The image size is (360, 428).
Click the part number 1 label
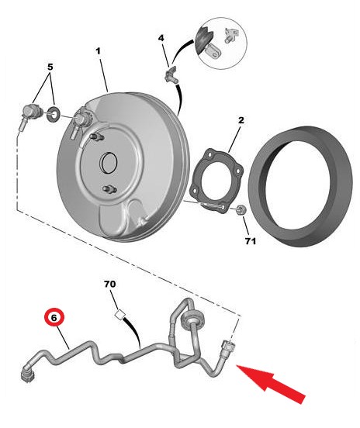pyautogui.click(x=98, y=51)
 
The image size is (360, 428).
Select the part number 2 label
pyautogui.click(x=241, y=120)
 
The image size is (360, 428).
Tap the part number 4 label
pyautogui.click(x=161, y=38)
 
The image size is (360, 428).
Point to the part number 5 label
pyautogui.click(x=50, y=67)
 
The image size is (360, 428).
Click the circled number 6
pyautogui.click(x=54, y=318)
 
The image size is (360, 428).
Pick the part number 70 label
pyautogui.click(x=110, y=284)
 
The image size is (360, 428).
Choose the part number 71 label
pyautogui.click(x=251, y=241)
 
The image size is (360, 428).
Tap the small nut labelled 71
pyautogui.click(x=241, y=209)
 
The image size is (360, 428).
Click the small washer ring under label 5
pyautogui.click(x=54, y=114)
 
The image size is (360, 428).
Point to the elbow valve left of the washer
pyautogui.click(x=30, y=115)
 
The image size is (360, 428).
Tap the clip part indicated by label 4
pyautogui.click(x=171, y=74)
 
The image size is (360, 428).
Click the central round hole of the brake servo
pyautogui.click(x=109, y=163)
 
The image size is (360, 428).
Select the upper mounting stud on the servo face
pyautogui.click(x=97, y=136)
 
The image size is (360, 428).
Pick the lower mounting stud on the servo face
pyautogui.click(x=109, y=189)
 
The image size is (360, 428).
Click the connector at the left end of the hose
pyautogui.click(x=27, y=375)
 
